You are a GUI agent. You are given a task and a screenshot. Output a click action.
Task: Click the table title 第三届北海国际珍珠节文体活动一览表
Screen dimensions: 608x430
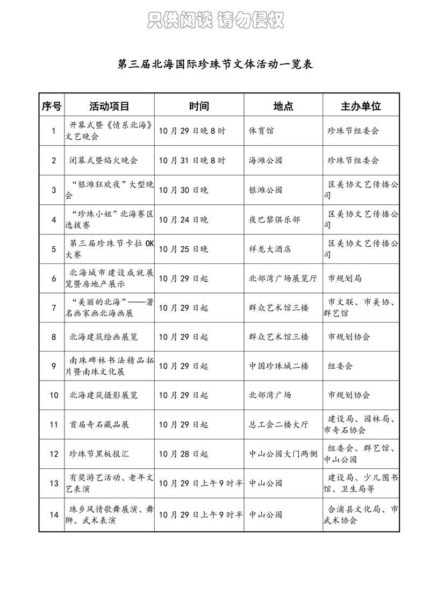pos(215,64)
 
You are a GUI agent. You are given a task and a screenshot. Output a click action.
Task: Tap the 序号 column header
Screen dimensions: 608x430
pos(52,106)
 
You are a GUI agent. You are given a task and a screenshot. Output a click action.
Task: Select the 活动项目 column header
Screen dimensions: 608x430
pos(109,106)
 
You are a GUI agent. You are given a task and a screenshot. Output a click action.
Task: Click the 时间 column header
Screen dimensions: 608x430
pos(199,106)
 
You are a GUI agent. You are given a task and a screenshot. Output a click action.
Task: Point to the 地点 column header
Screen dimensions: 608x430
pos(283,106)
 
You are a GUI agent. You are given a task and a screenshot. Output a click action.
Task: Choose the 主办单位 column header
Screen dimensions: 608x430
pos(361,106)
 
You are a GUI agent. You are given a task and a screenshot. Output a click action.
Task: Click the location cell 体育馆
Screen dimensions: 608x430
pos(262,131)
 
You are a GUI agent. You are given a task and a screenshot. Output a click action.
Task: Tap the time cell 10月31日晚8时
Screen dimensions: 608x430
pos(192,160)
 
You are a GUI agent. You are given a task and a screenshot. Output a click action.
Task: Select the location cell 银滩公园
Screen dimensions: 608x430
pos(266,190)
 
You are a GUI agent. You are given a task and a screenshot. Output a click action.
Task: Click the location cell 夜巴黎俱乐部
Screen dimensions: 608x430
pos(275,219)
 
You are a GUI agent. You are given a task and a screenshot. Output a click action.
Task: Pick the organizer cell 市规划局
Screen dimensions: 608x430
pos(345,278)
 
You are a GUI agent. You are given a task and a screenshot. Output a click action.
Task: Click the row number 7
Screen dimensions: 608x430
pos(54,308)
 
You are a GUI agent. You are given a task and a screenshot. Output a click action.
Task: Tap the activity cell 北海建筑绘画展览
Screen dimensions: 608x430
pos(103,337)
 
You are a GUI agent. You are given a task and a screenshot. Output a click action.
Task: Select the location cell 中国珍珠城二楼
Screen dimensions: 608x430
pos(279,366)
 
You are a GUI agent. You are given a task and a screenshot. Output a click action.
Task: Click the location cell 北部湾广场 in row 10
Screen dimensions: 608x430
pos(270,395)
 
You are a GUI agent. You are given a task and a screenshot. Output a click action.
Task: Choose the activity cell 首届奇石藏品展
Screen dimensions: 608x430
pos(99,424)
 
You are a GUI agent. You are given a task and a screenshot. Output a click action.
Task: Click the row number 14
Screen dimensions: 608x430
pos(54,514)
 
